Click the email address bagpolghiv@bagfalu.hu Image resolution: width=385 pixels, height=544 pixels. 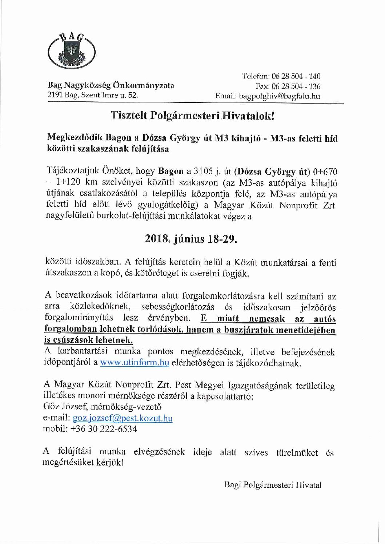[x=278, y=96]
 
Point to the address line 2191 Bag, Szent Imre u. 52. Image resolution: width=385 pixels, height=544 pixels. [x=93, y=96]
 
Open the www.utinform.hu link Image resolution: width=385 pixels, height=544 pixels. [x=135, y=363]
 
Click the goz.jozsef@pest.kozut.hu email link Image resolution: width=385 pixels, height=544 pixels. [x=123, y=418]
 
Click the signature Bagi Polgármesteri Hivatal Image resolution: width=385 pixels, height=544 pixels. [x=273, y=485]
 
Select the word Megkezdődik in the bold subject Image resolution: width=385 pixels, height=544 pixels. [x=75, y=138]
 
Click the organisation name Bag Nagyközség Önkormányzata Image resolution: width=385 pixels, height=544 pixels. [x=111, y=86]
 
